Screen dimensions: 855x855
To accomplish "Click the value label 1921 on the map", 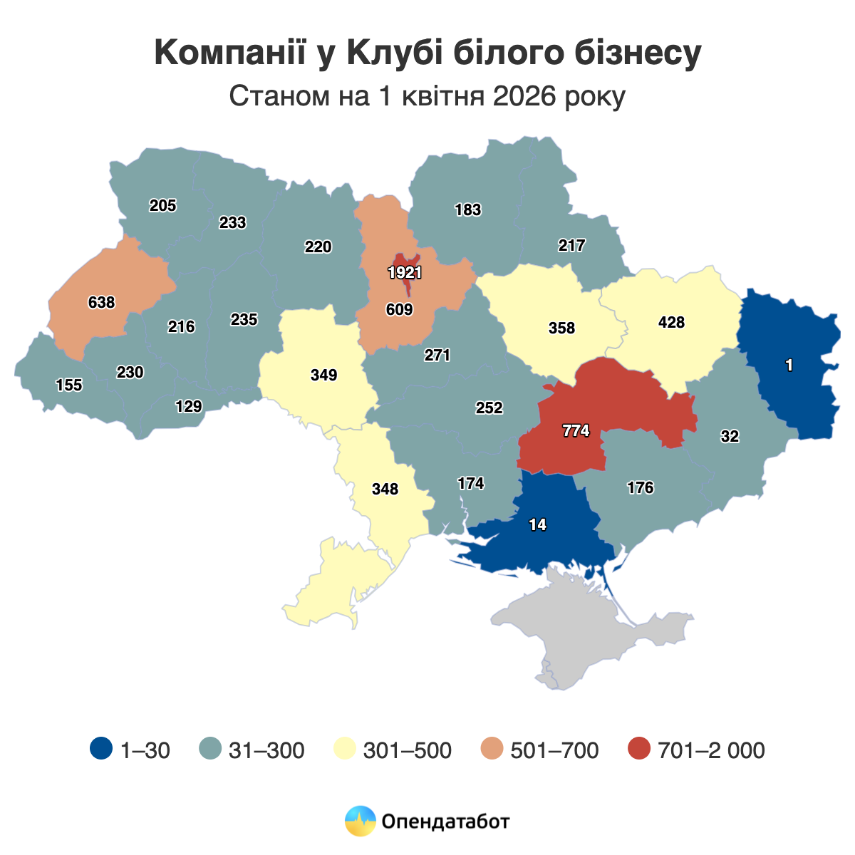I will click(405, 272).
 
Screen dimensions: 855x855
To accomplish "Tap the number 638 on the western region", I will click(101, 302).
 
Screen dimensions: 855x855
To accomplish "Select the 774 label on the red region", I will click(576, 430).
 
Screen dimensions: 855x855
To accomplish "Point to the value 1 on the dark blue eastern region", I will click(789, 366).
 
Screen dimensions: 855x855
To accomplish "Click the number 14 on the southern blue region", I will click(537, 524).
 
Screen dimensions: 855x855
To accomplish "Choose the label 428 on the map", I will click(671, 322).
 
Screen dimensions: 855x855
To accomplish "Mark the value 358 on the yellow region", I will click(561, 328).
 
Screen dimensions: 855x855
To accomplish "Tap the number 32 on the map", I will click(730, 437).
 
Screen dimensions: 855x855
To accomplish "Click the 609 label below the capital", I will click(399, 309).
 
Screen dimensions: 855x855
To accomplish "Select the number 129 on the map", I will click(189, 406).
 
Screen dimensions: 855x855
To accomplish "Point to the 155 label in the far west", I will click(69, 385).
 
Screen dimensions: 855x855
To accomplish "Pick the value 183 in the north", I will click(468, 210).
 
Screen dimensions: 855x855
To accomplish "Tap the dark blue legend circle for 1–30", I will click(101, 749).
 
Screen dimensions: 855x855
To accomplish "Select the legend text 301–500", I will click(407, 750).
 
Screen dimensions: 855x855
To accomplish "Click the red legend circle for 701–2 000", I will click(640, 749).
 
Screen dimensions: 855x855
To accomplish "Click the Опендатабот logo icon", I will click(360, 821).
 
